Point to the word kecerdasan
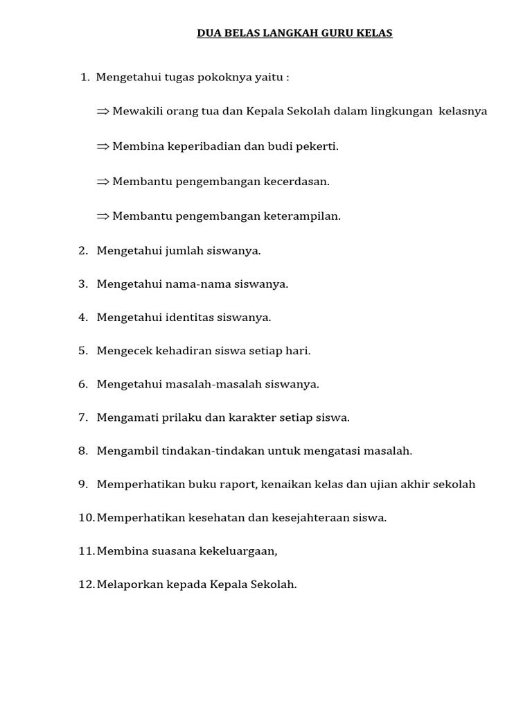coord(296,181)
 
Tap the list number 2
coord(82,250)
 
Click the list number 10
coord(86,517)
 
